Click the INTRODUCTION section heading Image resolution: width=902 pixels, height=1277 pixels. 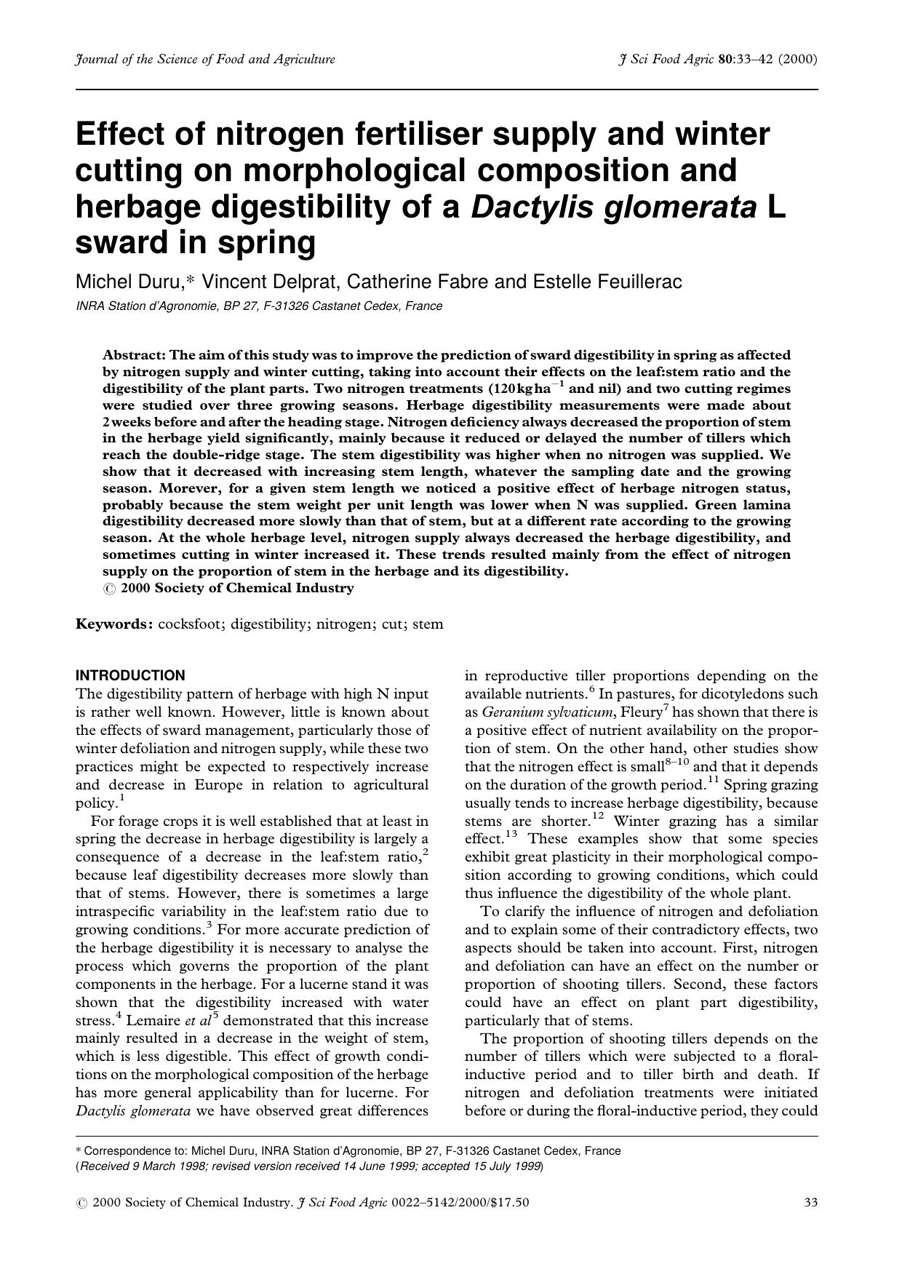130,675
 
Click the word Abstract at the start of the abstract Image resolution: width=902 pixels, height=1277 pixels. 134,355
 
